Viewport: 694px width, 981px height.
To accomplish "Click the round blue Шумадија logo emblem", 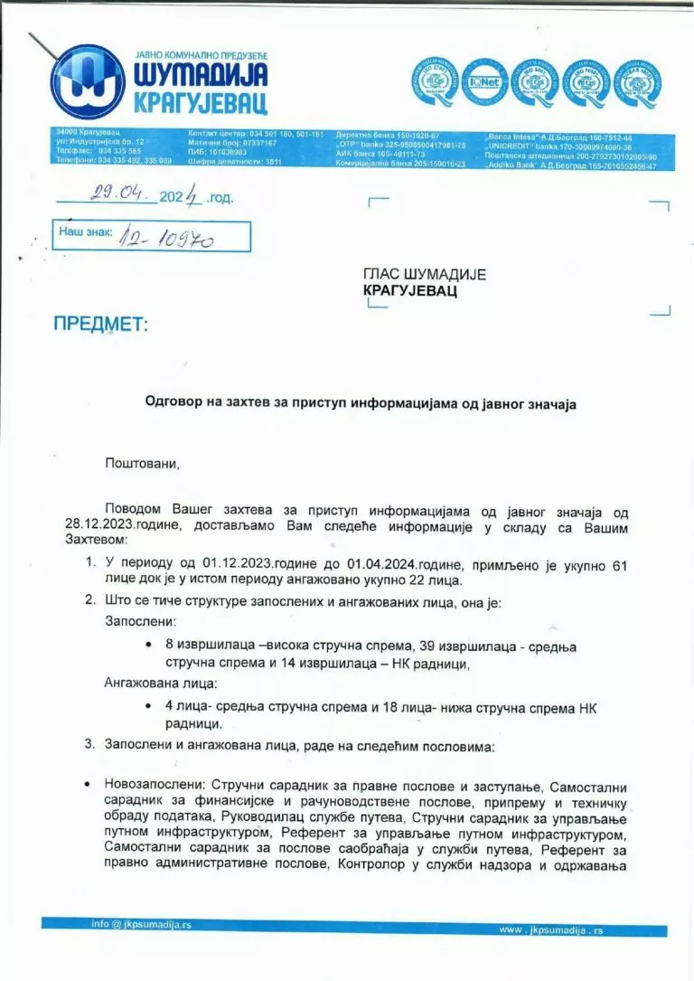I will [87, 81].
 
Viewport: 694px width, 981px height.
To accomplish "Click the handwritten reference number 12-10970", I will [173, 236].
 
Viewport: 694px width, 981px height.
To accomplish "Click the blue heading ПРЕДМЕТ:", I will [99, 324].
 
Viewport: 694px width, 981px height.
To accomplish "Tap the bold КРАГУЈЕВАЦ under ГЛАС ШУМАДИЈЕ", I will [410, 291].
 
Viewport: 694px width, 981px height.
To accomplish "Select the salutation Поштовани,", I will [143, 464].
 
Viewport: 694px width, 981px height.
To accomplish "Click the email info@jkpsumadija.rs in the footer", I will [141, 924].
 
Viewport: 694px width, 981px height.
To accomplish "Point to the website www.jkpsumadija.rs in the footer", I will [550, 929].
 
